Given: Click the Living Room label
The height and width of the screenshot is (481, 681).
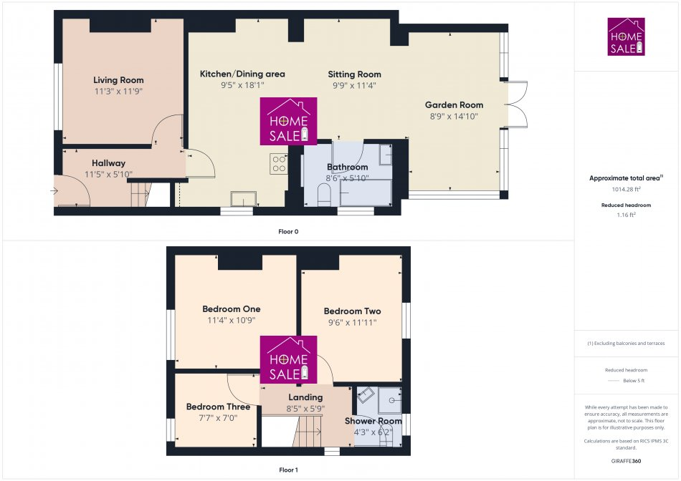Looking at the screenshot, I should pyautogui.click(x=118, y=80).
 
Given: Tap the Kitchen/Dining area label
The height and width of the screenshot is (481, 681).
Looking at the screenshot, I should pyautogui.click(x=242, y=74).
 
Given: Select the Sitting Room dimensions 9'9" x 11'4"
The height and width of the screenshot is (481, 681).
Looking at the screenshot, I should pyautogui.click(x=354, y=85).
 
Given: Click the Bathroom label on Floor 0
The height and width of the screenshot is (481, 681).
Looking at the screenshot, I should pyautogui.click(x=347, y=167).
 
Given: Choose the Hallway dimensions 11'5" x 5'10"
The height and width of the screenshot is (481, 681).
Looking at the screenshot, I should pyautogui.click(x=108, y=174).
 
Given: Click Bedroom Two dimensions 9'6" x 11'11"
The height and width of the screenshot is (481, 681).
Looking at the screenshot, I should pyautogui.click(x=352, y=322).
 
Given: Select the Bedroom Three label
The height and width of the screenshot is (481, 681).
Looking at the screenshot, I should pyautogui.click(x=218, y=407).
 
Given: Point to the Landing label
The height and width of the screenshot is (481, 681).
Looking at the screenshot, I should pyautogui.click(x=305, y=397).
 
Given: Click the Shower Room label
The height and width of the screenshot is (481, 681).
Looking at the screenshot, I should pyautogui.click(x=373, y=421).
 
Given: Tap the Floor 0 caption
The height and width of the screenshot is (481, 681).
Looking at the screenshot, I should pyautogui.click(x=288, y=231).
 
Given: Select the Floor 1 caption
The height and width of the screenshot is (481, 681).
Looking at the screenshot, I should pyautogui.click(x=287, y=470).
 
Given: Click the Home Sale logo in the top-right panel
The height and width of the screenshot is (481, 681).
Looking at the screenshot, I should pyautogui.click(x=627, y=37).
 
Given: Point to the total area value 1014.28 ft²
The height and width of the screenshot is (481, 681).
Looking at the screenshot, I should pyautogui.click(x=625, y=189).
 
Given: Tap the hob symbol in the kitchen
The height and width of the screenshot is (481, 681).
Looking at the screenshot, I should pyautogui.click(x=278, y=164).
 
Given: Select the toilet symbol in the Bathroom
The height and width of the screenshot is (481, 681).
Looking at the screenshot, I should pyautogui.click(x=323, y=194).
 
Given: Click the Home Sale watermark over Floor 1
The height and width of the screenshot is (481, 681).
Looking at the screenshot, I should pyautogui.click(x=288, y=360).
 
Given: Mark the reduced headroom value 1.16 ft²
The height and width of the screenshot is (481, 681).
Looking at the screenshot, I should pyautogui.click(x=626, y=214).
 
